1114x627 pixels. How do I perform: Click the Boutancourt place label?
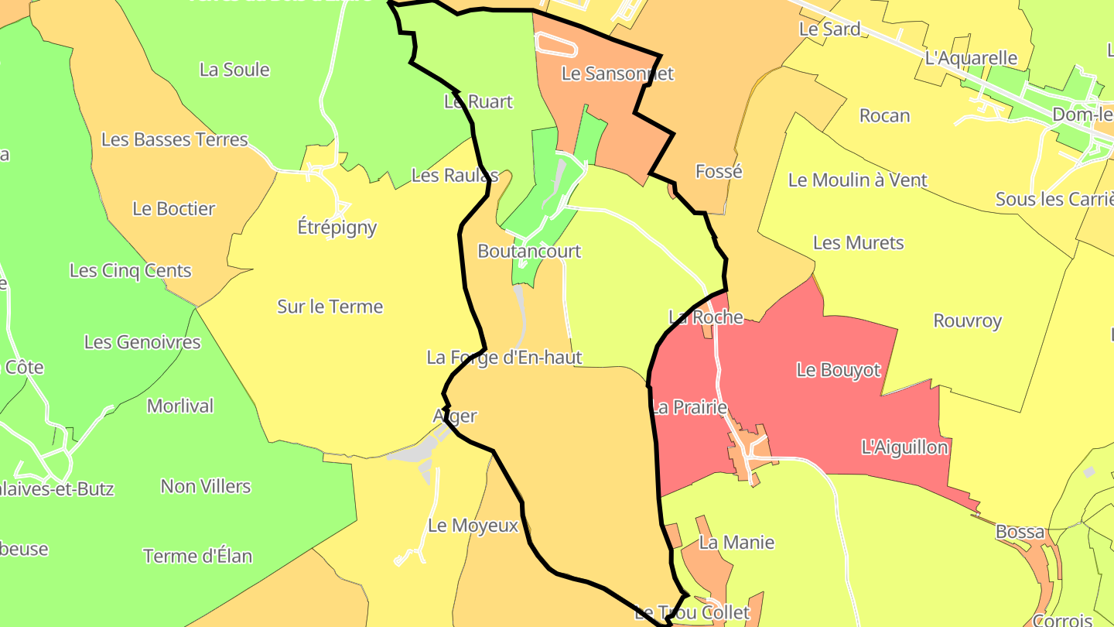pyautogui.click(x=529, y=252)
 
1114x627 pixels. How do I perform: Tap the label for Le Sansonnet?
pyautogui.click(x=617, y=74)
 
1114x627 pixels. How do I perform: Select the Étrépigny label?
pyautogui.click(x=337, y=228)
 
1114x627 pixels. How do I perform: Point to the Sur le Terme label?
pyautogui.click(x=330, y=307)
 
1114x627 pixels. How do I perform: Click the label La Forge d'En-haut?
pyautogui.click(x=504, y=358)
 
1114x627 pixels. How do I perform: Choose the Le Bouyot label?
pyautogui.click(x=839, y=370)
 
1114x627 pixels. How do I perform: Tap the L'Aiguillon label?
pyautogui.click(x=904, y=447)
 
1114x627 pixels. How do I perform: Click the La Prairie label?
pyautogui.click(x=689, y=407)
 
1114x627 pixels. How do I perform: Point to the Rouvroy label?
pyautogui.click(x=967, y=321)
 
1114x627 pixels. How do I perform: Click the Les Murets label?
pyautogui.click(x=858, y=243)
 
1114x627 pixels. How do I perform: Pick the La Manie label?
pyautogui.click(x=736, y=543)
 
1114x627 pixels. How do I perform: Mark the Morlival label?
pyautogui.click(x=180, y=406)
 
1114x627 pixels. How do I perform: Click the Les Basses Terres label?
pyautogui.click(x=175, y=140)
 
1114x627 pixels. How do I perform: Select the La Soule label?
pyautogui.click(x=234, y=70)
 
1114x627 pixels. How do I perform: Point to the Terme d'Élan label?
pyautogui.click(x=197, y=557)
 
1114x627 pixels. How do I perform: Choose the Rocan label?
pyautogui.click(x=884, y=116)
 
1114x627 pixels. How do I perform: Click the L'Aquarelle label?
pyautogui.click(x=982, y=58)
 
